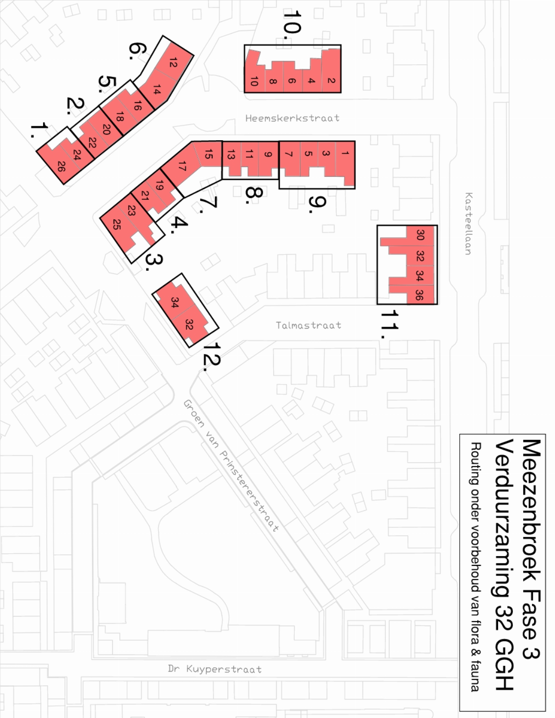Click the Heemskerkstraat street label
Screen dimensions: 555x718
pyautogui.click(x=292, y=118)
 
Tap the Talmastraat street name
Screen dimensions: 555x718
pyautogui.click(x=308, y=325)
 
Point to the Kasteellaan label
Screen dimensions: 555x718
pyautogui.click(x=469, y=224)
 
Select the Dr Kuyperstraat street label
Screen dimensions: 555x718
pyautogui.click(x=215, y=669)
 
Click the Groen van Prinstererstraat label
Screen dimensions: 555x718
pyautogui.click(x=231, y=465)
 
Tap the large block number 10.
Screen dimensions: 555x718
pyautogui.click(x=292, y=25)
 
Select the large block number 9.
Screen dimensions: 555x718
pyautogui.click(x=317, y=204)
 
